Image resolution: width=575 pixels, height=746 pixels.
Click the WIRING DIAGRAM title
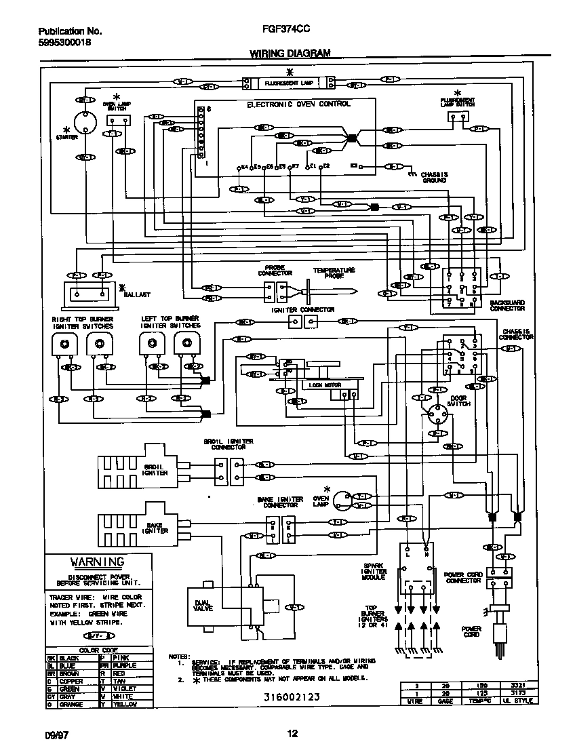(290, 53)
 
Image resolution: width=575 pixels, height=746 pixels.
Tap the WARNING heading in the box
(98, 562)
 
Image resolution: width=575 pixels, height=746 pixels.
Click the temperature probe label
(334, 273)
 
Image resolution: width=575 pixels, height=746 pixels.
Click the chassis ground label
(434, 178)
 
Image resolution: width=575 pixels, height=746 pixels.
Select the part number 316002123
(292, 696)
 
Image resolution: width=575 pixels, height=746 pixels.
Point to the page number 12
(292, 733)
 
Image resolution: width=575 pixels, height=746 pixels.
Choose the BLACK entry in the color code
(70, 658)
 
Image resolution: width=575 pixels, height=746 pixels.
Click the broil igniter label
(156, 470)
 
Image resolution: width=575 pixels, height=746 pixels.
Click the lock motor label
(325, 385)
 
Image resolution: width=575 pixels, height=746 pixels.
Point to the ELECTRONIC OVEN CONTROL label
(298, 104)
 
